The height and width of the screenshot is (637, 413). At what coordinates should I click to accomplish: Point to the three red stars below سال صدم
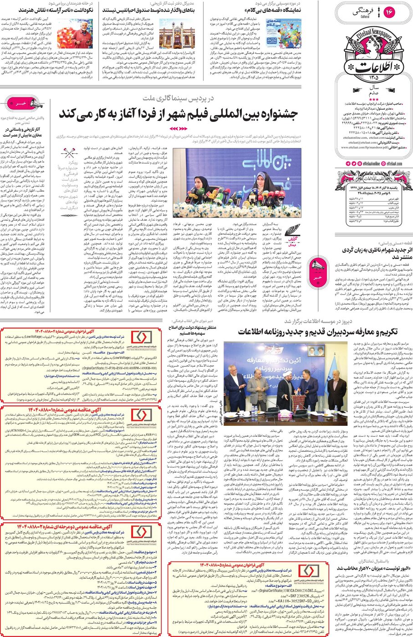(374, 99)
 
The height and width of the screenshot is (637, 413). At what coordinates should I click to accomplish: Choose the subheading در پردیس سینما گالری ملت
(181, 98)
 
